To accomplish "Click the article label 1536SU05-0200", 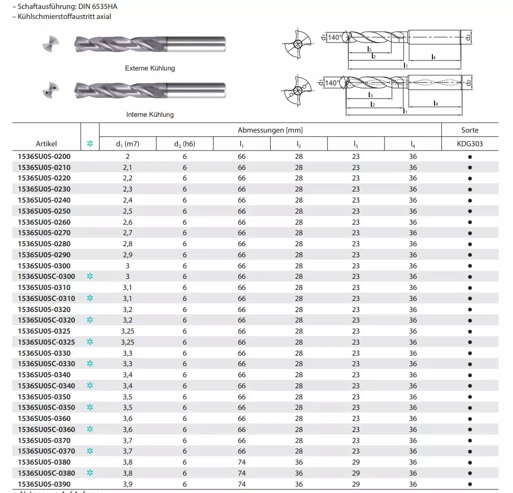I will [x=44, y=157].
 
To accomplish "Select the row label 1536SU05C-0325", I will [x=46, y=342].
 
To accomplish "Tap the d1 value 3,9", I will [x=127, y=484].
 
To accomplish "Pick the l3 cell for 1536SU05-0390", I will [x=356, y=484].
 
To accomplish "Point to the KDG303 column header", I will [x=469, y=144].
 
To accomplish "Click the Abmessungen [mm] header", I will [x=270, y=130].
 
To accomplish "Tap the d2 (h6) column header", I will [x=184, y=144].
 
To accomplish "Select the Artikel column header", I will [x=46, y=144].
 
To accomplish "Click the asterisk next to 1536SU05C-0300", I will [x=90, y=276].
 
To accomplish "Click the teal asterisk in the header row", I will [x=90, y=144].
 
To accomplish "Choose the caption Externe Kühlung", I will [x=150, y=68].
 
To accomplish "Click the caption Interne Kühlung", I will [x=150, y=114].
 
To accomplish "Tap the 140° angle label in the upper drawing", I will [x=334, y=37].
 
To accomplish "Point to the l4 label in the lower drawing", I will [x=436, y=103].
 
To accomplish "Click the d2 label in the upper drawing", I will [x=468, y=37].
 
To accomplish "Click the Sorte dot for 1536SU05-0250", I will [x=469, y=212].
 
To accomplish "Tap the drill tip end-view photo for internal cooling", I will [x=51, y=90].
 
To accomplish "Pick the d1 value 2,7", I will [x=127, y=233].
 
